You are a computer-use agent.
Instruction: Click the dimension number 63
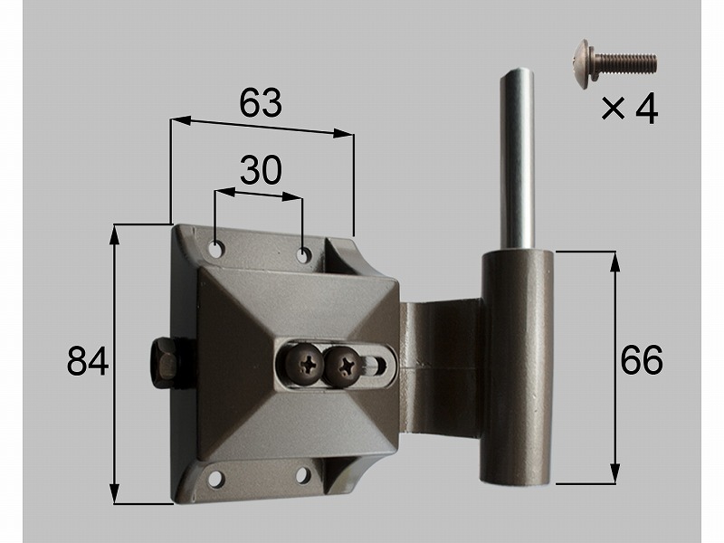(261, 102)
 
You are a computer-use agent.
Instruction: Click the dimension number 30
(261, 170)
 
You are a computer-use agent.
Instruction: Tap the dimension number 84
(88, 361)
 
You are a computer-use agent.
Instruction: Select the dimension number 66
(642, 359)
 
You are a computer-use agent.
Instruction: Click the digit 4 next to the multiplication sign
(646, 110)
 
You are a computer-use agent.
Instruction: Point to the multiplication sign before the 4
(614, 110)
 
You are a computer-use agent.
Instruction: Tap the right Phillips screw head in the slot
(344, 366)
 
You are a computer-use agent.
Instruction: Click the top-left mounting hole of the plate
(216, 250)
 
